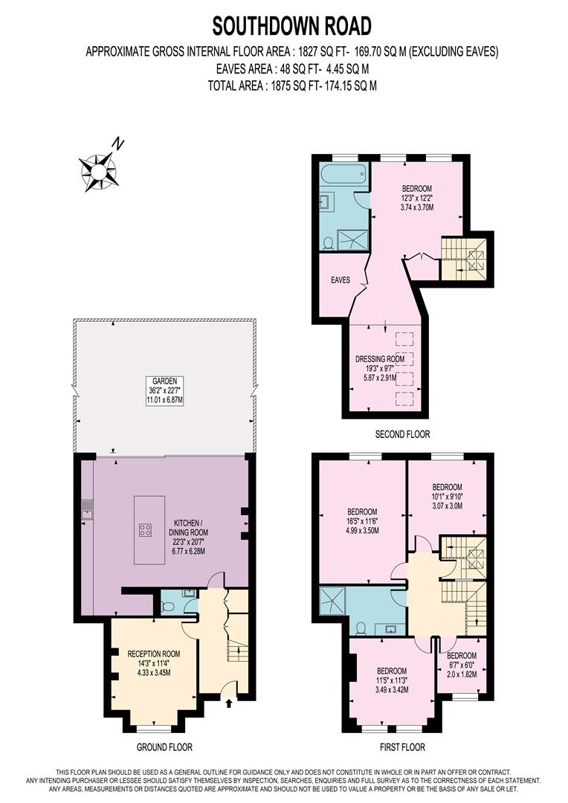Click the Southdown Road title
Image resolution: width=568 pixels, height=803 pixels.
[291, 27]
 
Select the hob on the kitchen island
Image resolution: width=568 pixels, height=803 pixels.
[146, 530]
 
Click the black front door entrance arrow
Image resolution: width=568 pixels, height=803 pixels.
[229, 700]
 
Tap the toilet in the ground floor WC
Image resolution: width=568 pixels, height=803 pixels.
[168, 607]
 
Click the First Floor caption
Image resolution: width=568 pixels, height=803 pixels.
[402, 746]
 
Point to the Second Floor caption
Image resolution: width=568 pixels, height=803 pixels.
[402, 434]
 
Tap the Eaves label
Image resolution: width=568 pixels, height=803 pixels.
[341, 280]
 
